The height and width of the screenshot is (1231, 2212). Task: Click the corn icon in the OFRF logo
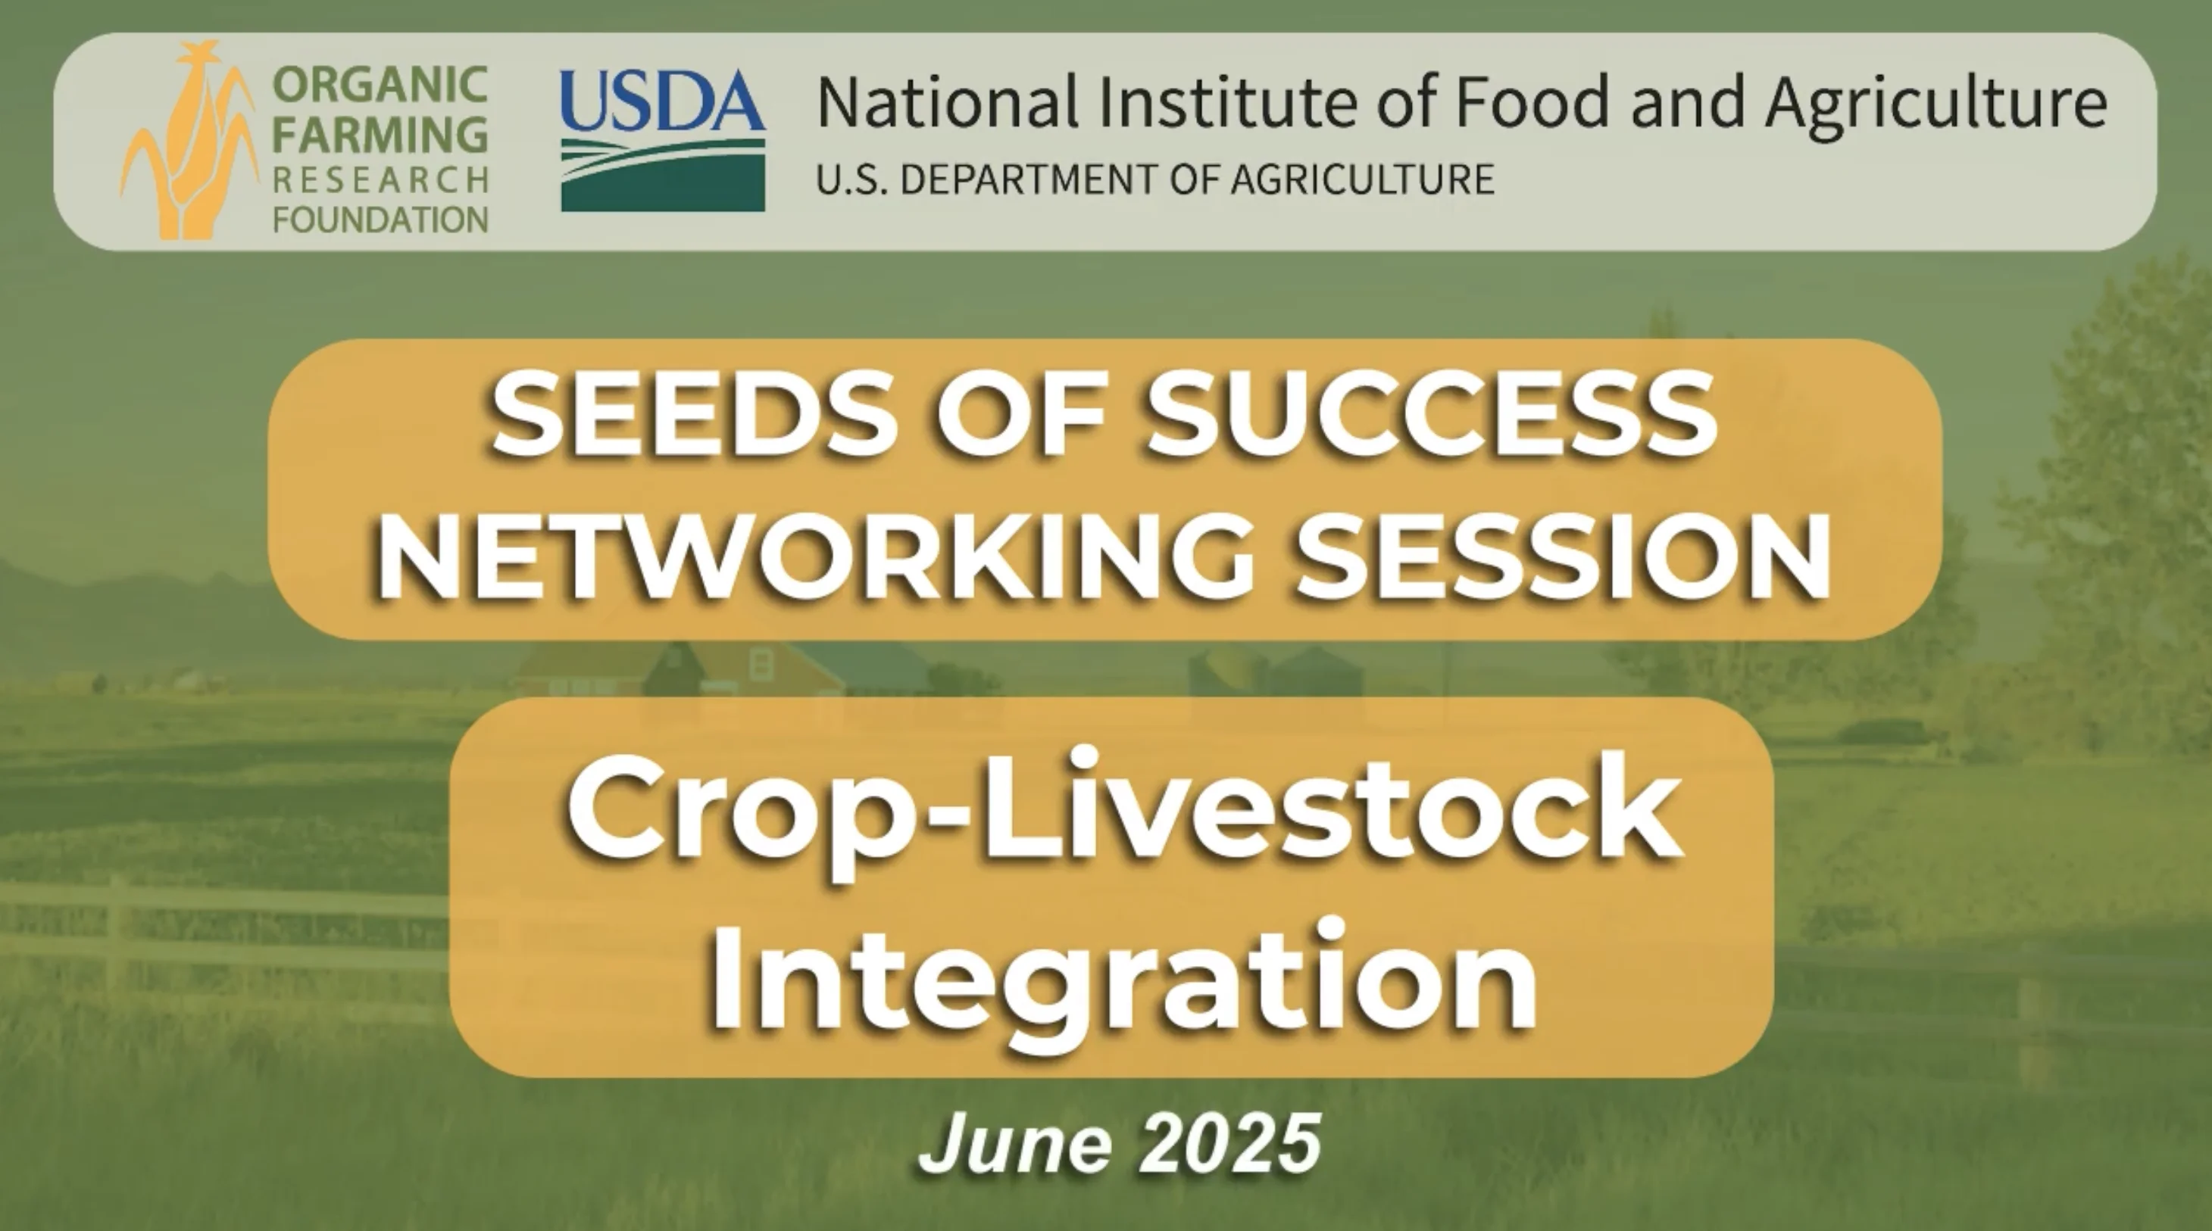point(191,142)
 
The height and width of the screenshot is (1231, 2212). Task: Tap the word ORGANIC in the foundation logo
point(380,85)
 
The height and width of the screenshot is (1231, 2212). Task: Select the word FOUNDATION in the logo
point(380,220)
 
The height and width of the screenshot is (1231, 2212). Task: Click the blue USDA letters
point(662,101)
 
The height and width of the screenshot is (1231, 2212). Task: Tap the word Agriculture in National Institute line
point(1936,103)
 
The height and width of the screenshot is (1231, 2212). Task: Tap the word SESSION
point(1563,558)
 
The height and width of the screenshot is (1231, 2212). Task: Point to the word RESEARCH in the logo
point(380,180)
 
